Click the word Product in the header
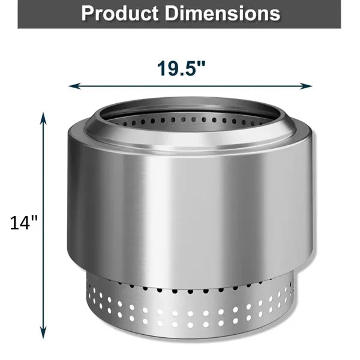[x=120, y=13]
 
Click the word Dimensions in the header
[x=223, y=13]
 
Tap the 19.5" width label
[x=181, y=68]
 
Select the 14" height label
[x=23, y=223]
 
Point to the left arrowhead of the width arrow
[x=74, y=86]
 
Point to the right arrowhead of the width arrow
[x=306, y=86]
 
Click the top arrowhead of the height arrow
[x=43, y=118]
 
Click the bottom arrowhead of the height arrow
[x=43, y=333]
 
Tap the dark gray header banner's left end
[x=19, y=14]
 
